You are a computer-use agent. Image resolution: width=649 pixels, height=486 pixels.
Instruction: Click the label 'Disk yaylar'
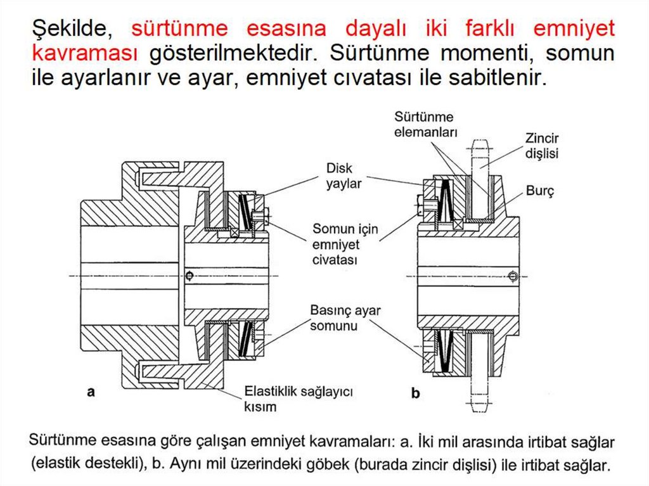pos(344,176)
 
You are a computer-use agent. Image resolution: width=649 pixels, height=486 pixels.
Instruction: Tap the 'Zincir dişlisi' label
pos(542,145)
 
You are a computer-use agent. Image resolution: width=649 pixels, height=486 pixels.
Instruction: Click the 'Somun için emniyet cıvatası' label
pos(344,245)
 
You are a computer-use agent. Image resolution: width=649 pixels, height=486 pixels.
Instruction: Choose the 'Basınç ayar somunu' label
pos(345,318)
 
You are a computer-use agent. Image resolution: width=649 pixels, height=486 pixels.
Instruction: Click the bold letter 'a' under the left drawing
pos(91,392)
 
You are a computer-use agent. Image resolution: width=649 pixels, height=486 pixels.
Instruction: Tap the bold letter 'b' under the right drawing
pos(416,393)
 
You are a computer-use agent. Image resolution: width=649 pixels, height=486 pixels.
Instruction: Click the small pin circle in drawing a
pos(189,275)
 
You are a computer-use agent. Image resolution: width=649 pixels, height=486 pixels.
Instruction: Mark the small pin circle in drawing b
pos(512,275)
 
